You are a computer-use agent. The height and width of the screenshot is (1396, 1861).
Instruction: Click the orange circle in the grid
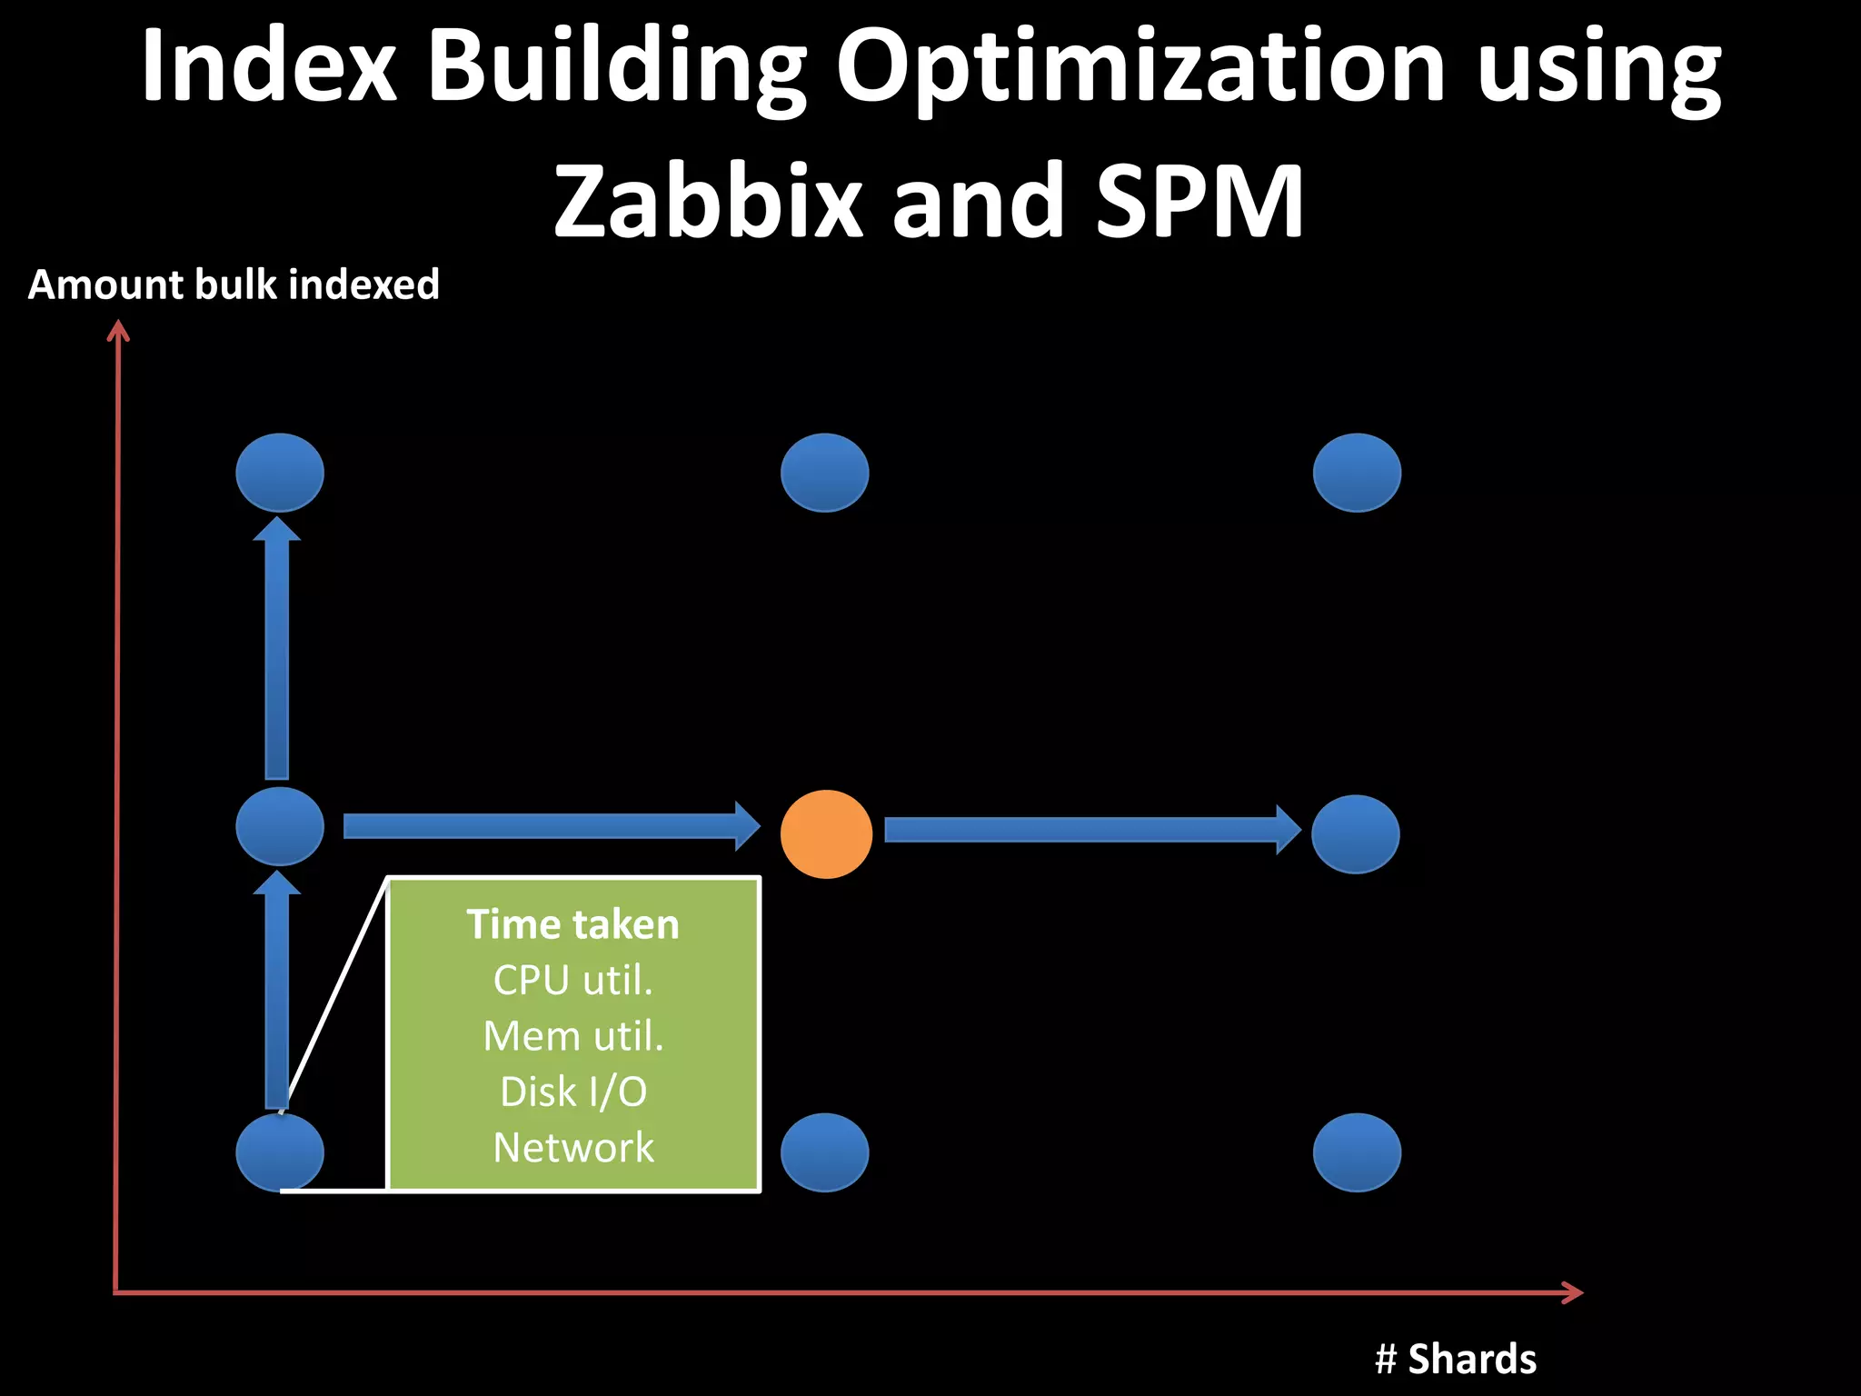pos(826,833)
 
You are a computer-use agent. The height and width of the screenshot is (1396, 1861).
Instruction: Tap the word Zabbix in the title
pos(707,201)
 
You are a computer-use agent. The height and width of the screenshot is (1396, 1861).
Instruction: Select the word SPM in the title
pos(1199,201)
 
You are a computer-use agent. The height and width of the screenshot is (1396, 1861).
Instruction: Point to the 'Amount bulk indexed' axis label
pos(234,284)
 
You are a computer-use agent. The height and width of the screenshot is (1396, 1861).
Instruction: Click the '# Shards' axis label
pos(1456,1359)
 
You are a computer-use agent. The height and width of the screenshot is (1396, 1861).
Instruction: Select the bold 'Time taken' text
pos(573,924)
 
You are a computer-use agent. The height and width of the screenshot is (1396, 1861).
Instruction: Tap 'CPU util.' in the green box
pos(573,980)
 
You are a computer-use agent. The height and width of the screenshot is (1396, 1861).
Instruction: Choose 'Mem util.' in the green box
pos(573,1036)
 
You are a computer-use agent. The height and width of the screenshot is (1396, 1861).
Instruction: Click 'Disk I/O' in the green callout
pos(573,1092)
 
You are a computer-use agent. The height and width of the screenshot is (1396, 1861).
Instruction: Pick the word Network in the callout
pos(573,1148)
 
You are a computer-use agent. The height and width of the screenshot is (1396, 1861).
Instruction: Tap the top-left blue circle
pos(280,473)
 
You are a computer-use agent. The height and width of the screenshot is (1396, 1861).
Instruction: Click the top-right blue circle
pos(1357,473)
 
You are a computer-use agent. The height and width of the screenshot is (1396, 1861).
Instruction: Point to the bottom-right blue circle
pos(1357,1152)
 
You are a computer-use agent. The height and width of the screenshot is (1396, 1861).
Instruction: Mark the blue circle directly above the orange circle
pos(825,473)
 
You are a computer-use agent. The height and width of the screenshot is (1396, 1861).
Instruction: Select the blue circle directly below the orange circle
pos(825,1152)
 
